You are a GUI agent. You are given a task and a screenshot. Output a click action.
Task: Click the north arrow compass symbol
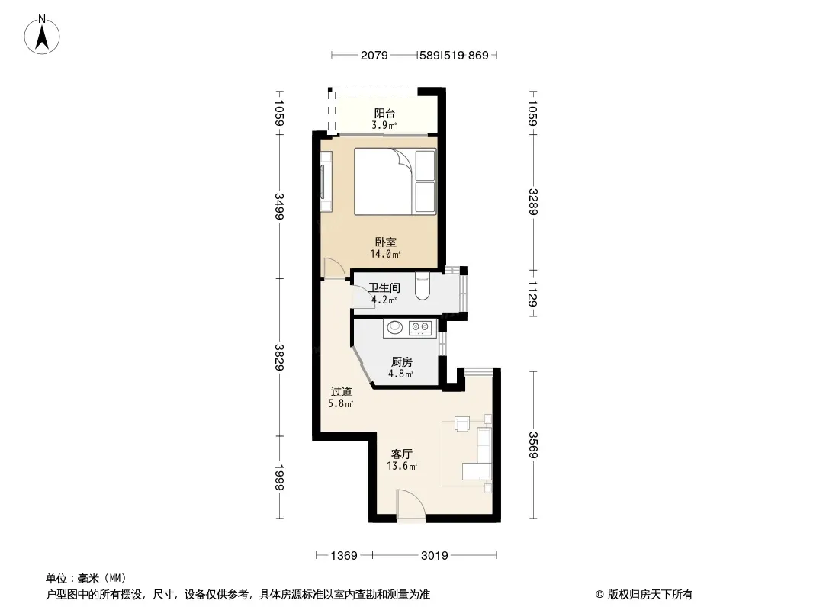tap(42, 35)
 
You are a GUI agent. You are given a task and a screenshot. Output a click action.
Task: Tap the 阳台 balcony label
tap(384, 113)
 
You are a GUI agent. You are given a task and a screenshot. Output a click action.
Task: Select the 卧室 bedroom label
tap(386, 242)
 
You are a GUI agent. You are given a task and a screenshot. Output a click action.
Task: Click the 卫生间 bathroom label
tap(384, 287)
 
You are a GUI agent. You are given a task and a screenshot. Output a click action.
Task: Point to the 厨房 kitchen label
tap(402, 361)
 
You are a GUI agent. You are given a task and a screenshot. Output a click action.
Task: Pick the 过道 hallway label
tap(341, 392)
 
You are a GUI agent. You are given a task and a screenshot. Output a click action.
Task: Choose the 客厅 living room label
tap(402, 454)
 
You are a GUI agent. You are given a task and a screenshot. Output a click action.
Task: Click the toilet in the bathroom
tap(423, 287)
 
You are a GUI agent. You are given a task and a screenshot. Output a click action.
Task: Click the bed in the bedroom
tap(395, 181)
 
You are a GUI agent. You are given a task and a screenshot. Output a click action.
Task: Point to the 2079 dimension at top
tap(374, 56)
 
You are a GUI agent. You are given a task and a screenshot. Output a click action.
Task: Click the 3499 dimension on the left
tap(279, 207)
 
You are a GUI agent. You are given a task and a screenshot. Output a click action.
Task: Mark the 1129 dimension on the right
tap(532, 294)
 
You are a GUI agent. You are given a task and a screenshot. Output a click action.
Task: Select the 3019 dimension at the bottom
tap(434, 556)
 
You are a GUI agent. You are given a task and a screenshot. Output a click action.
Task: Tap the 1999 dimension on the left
tap(279, 477)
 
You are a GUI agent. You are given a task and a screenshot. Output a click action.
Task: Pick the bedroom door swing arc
tap(335, 268)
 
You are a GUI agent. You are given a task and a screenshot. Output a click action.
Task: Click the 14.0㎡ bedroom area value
tap(385, 254)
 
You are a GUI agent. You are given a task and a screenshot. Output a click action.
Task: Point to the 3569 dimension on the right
tap(532, 445)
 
